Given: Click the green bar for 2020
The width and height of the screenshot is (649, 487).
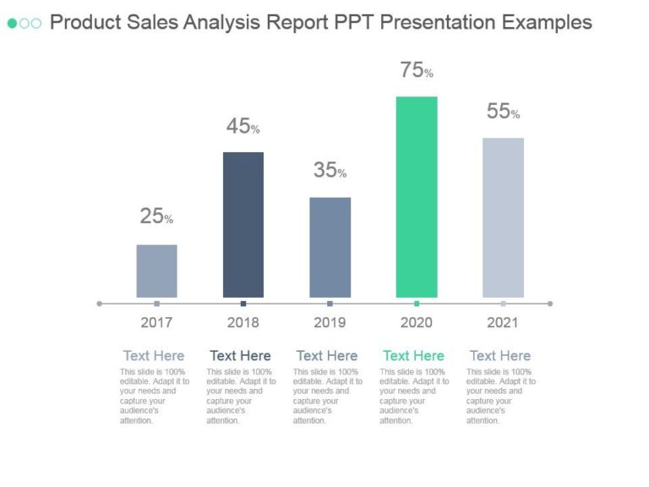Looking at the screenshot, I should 417,197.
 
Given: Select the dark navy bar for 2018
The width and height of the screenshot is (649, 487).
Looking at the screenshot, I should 243,225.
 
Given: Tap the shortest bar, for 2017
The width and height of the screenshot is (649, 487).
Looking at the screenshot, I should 156,271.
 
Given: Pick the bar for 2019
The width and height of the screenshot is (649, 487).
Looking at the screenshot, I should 330,247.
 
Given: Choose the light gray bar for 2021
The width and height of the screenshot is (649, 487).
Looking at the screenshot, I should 503,217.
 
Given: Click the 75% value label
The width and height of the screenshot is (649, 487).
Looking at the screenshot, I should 417,71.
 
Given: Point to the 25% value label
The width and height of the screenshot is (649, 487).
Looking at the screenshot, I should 156,216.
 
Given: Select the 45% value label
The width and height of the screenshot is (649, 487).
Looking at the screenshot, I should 243,127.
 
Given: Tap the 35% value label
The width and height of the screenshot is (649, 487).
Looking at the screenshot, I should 330,171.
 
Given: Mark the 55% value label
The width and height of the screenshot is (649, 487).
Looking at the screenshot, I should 503,112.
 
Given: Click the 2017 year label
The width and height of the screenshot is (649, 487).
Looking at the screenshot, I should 156,322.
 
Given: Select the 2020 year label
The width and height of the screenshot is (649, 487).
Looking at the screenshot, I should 417,322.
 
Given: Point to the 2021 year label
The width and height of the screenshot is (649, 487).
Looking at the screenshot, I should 503,322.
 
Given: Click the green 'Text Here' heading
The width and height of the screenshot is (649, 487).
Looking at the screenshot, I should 413,355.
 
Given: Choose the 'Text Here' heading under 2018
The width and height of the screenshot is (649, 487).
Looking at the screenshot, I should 240,355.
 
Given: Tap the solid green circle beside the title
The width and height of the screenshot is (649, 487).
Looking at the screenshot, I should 13,23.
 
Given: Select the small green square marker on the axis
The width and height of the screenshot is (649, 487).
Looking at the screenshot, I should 417,303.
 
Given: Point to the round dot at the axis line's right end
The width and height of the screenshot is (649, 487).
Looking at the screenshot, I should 550,303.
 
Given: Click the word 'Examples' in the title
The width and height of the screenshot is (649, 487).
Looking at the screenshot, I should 547,23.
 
